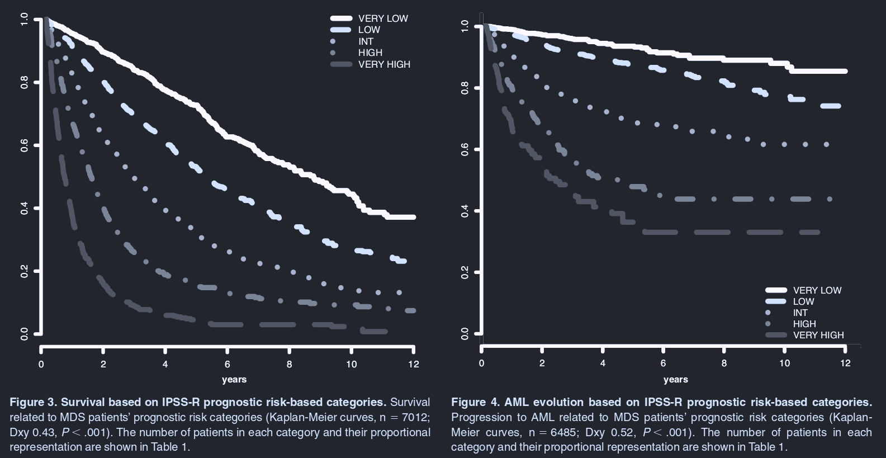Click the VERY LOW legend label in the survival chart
coord(383,18)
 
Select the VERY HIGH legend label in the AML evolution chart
coord(818,335)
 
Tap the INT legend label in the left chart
coord(366,41)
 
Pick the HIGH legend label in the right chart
coord(804,324)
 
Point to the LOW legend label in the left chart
coord(369,30)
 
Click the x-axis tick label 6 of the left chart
coord(228,364)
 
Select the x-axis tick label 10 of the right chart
coord(785,363)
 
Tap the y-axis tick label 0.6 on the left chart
coord(24,145)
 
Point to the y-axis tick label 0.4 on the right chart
coord(465,211)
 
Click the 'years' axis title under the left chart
coord(234,379)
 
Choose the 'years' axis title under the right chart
coord(676,379)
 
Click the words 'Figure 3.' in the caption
coord(34,402)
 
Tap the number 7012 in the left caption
coord(414,417)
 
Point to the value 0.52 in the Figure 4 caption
coord(624,432)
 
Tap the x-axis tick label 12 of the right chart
coord(845,363)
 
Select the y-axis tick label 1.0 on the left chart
coord(24,19)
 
